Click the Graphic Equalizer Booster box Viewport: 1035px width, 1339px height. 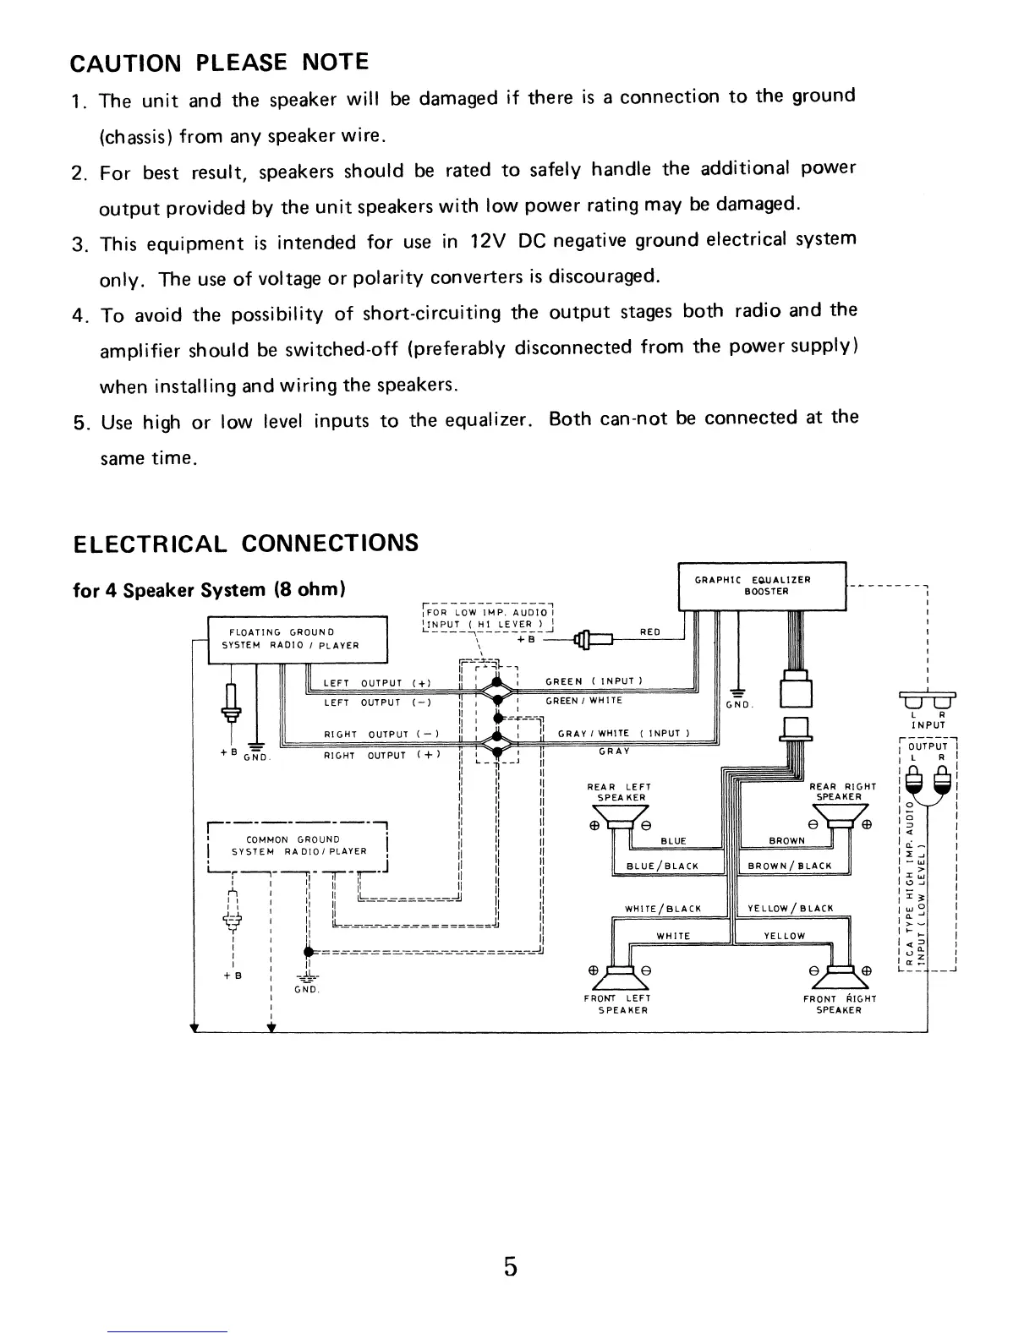click(762, 585)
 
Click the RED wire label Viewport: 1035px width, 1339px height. click(650, 631)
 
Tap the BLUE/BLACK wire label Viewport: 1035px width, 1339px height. click(662, 866)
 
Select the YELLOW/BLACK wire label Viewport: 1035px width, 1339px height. click(791, 909)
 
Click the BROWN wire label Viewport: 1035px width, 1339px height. click(786, 841)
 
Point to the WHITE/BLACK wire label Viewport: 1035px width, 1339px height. click(663, 909)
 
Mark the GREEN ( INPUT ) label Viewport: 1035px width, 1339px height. click(595, 681)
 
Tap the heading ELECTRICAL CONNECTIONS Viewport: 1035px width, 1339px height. click(246, 543)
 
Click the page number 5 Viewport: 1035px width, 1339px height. click(510, 1266)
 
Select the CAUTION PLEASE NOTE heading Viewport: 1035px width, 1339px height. click(219, 63)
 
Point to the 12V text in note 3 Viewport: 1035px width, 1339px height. click(488, 242)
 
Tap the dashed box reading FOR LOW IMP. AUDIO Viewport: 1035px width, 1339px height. click(488, 619)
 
